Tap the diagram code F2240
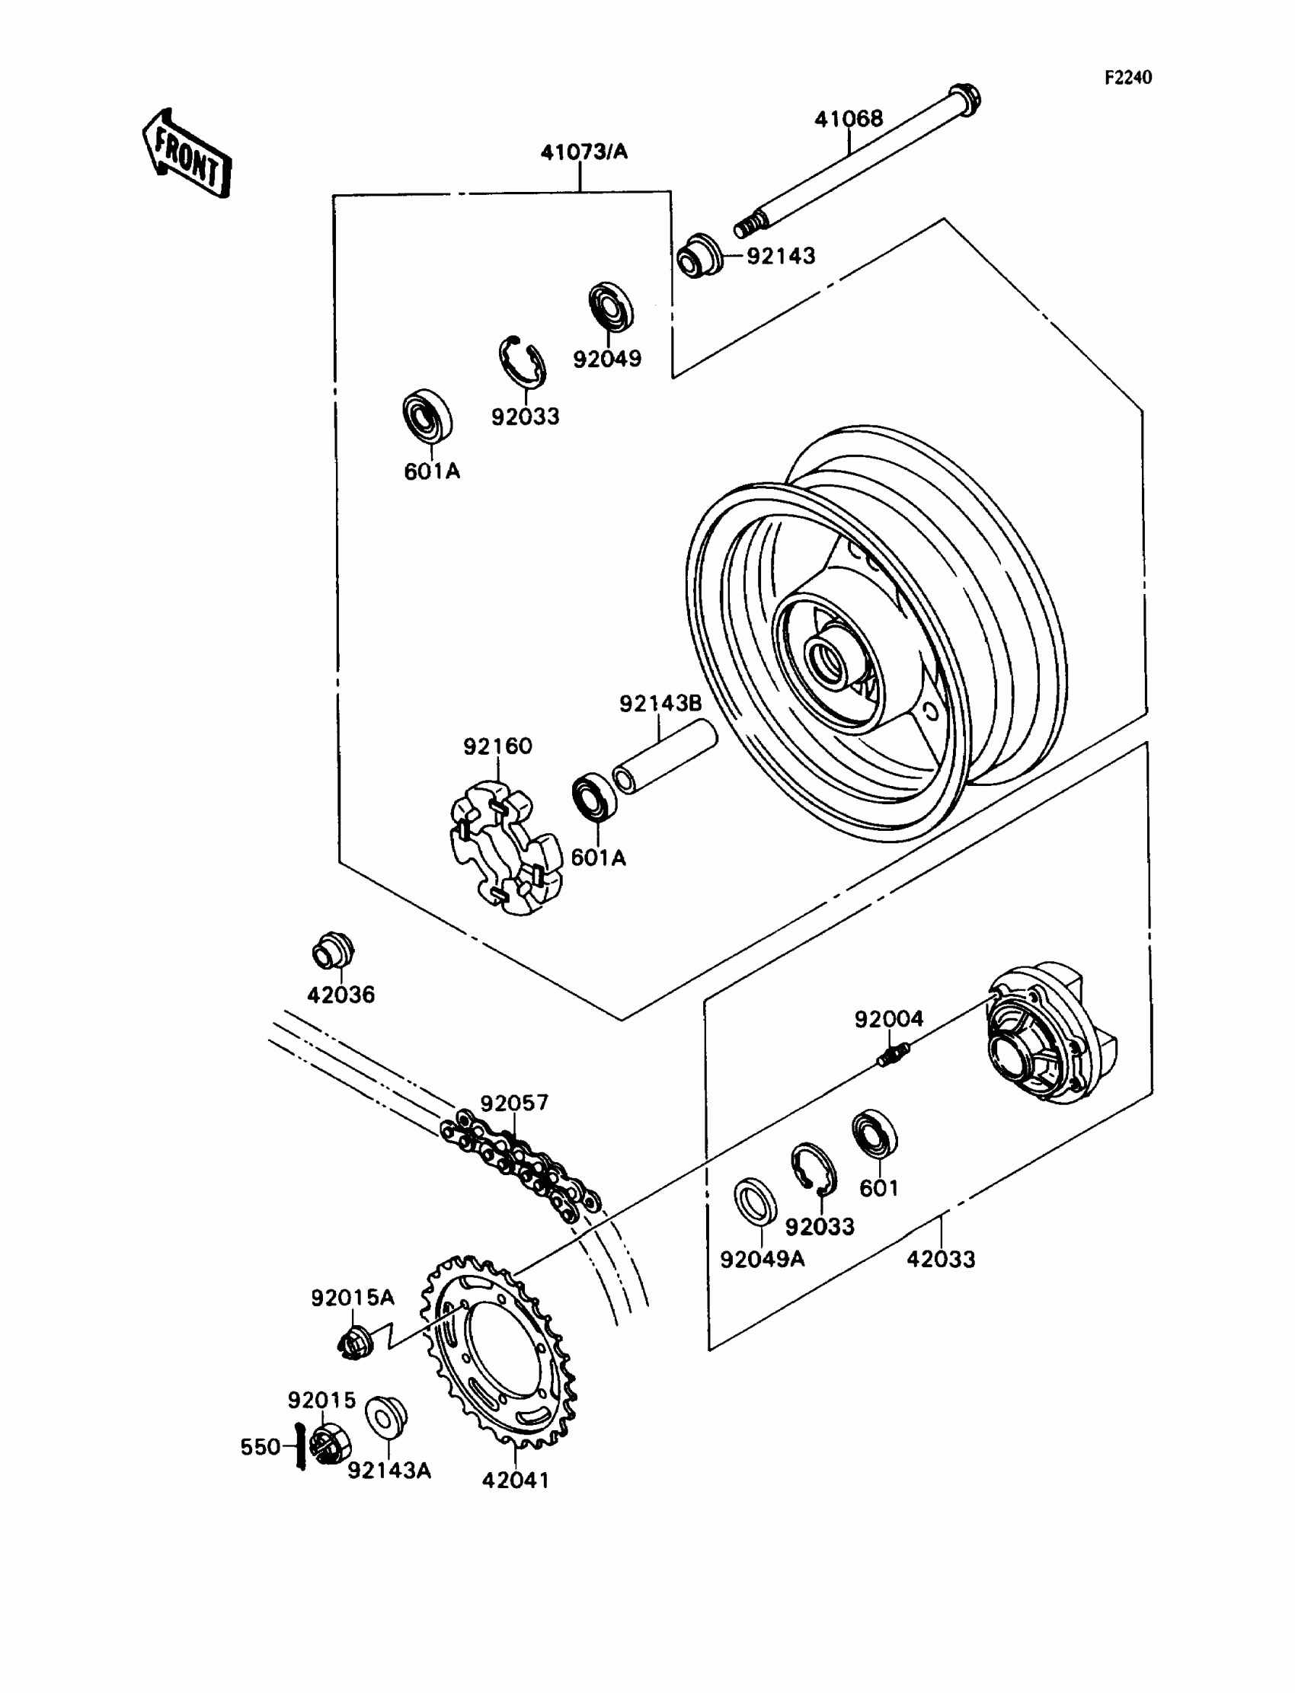pyautogui.click(x=1127, y=77)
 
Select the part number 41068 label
pyautogui.click(x=849, y=119)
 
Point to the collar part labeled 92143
pyautogui.click(x=699, y=256)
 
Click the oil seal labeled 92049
pyautogui.click(x=611, y=307)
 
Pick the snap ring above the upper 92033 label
pyautogui.click(x=521, y=361)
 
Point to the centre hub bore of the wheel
pyautogui.click(x=830, y=660)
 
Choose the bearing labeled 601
pyautogui.click(x=875, y=1133)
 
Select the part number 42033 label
pyautogui.click(x=941, y=1259)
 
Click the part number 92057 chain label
pyautogui.click(x=514, y=1103)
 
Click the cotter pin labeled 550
pyautogui.click(x=301, y=1445)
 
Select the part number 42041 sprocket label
pyautogui.click(x=515, y=1480)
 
